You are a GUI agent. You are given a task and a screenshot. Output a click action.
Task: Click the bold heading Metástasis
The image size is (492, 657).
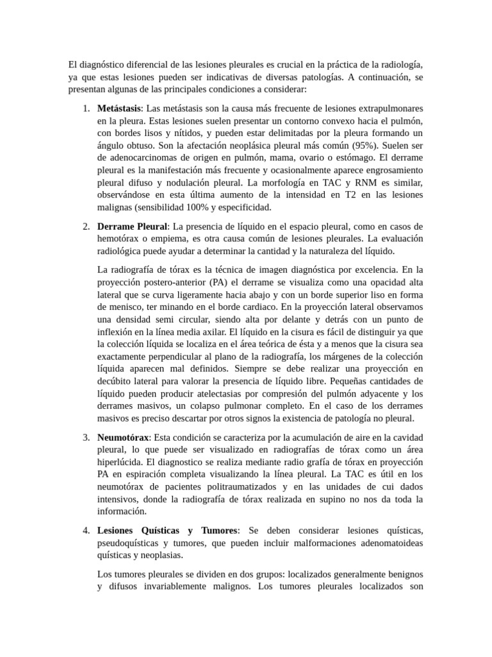(x=119, y=108)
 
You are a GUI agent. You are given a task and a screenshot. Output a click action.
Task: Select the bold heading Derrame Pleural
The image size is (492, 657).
(x=132, y=226)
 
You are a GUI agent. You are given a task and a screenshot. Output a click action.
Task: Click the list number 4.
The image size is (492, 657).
(x=86, y=531)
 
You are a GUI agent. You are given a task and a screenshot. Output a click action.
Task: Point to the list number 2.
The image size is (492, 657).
(x=86, y=226)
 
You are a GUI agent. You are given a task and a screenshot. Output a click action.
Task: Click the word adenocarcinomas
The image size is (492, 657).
(x=140, y=157)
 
